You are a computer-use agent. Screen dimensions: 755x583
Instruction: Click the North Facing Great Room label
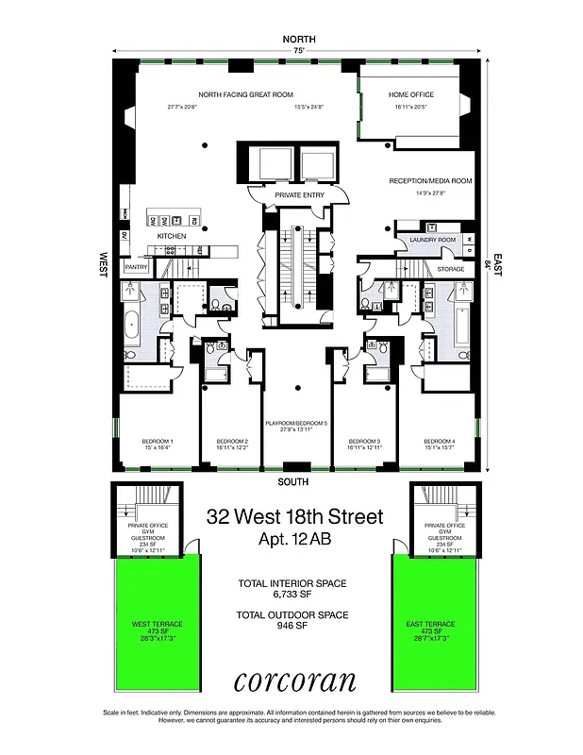[x=245, y=95]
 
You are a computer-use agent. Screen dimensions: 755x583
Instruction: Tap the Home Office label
[x=411, y=95]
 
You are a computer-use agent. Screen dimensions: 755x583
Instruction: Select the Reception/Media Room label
[x=430, y=180]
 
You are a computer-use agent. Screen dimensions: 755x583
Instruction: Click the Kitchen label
[x=171, y=235]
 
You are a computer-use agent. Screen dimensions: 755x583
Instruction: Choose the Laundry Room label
[x=433, y=240]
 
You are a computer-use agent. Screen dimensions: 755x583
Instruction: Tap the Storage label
[x=451, y=269]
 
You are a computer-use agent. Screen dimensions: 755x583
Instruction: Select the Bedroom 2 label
[x=232, y=442]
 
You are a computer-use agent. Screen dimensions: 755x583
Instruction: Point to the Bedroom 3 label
[x=364, y=442]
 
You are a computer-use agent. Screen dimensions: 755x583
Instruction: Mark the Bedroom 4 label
[x=440, y=442]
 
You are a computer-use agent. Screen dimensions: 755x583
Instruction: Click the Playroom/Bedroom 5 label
[x=297, y=425]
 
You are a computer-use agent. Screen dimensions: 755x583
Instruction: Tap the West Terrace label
[x=158, y=625]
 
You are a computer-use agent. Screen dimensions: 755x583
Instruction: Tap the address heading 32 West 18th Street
[x=295, y=517]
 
